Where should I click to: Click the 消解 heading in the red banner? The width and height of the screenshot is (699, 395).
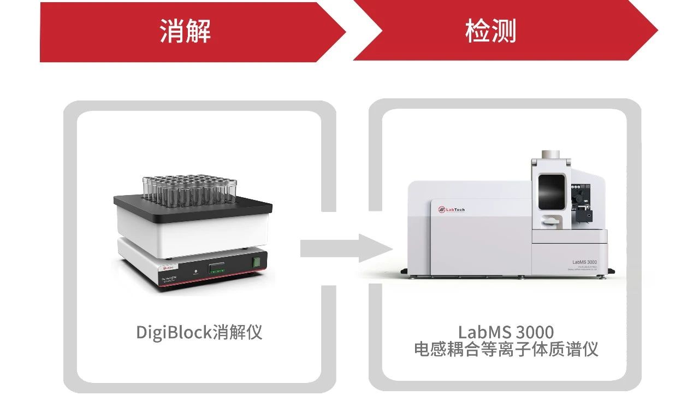tap(185, 31)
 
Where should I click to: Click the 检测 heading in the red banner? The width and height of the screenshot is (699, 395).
tap(490, 31)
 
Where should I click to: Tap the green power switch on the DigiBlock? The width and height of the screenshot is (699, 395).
tap(255, 262)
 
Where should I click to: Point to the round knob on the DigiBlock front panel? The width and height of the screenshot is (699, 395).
tap(196, 272)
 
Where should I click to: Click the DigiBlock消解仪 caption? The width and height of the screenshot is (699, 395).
tap(199, 332)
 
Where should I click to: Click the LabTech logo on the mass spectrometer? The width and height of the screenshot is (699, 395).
tap(451, 209)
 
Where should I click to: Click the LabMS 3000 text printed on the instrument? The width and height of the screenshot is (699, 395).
tap(584, 263)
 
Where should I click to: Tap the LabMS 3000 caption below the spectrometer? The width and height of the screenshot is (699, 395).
tap(506, 332)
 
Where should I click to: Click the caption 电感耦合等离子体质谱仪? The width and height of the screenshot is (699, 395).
tap(506, 349)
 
